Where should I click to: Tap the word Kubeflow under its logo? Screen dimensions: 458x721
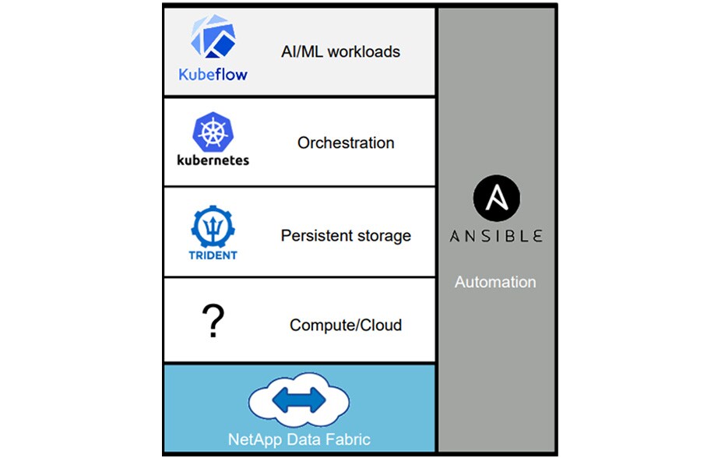click(x=213, y=75)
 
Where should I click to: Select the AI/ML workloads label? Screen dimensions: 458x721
click(x=340, y=52)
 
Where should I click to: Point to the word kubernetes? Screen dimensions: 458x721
click(x=213, y=160)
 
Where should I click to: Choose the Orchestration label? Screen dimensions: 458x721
click(x=346, y=143)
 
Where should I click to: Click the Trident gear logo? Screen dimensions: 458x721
click(x=213, y=225)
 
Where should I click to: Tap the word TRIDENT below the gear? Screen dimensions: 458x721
click(x=213, y=255)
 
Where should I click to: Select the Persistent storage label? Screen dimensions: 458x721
click(x=346, y=235)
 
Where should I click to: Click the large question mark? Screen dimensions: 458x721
click(x=213, y=321)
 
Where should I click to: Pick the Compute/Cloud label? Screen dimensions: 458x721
click(x=346, y=325)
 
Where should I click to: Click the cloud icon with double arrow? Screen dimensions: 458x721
click(x=300, y=401)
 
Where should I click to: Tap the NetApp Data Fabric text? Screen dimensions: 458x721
click(x=300, y=439)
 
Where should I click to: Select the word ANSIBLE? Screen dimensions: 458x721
click(x=496, y=235)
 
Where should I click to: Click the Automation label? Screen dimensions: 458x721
click(x=495, y=282)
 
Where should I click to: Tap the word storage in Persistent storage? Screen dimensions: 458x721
click(x=382, y=235)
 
